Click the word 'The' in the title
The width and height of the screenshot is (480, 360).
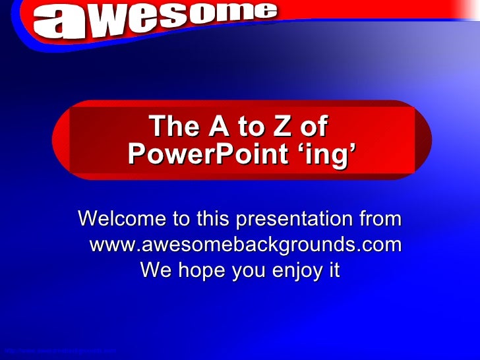click(x=170, y=126)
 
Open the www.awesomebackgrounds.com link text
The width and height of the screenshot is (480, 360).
click(x=245, y=245)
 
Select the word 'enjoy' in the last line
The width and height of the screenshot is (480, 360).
click(x=287, y=271)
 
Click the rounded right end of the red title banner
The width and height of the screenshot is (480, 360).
click(x=423, y=139)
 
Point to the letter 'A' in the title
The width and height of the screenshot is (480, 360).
click(x=218, y=126)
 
